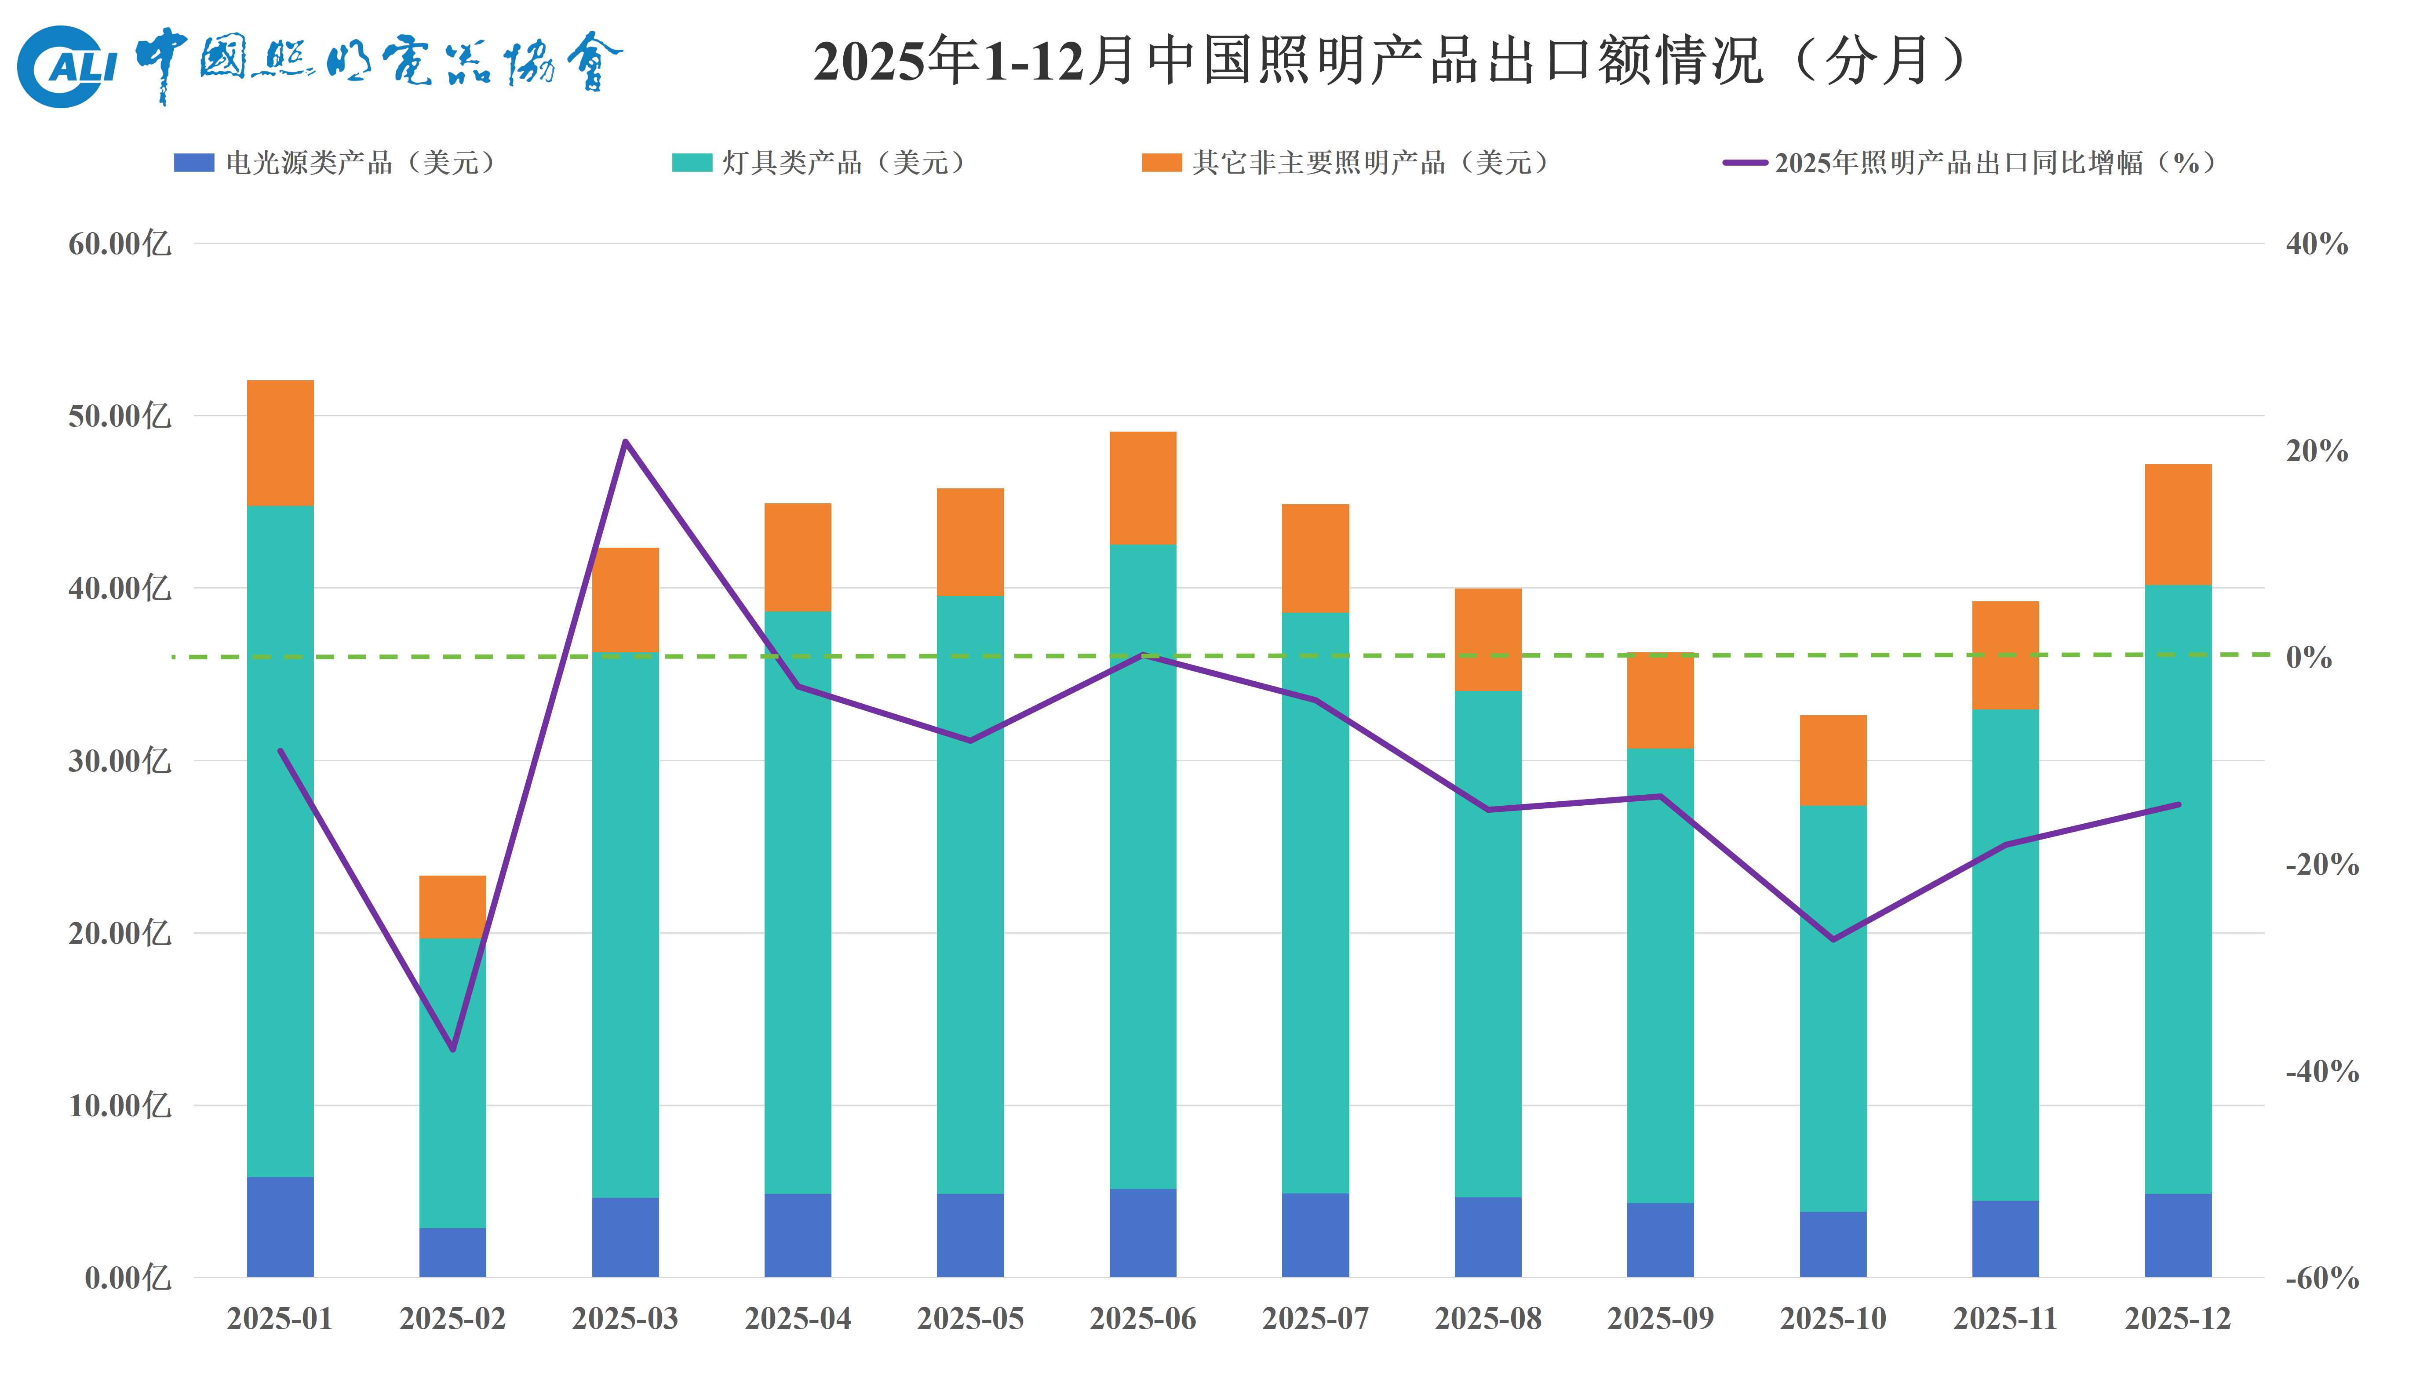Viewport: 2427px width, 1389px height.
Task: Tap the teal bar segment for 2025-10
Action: coord(1833,1008)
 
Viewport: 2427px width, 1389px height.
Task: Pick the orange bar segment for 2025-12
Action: coord(2178,525)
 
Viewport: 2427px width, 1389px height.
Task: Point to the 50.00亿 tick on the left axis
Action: coord(119,416)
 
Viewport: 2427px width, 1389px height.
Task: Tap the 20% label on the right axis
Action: coord(2316,451)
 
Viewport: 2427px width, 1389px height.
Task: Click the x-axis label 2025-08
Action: coord(1487,1318)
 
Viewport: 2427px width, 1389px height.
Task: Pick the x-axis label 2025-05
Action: coord(970,1318)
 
